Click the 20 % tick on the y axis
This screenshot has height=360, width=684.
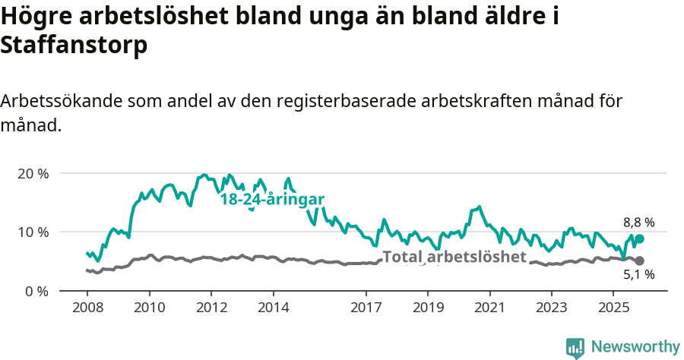pyautogui.click(x=32, y=173)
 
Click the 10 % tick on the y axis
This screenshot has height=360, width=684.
pyautogui.click(x=32, y=232)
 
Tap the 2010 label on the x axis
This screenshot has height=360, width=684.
pyautogui.click(x=149, y=308)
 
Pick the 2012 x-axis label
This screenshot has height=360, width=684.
pyautogui.click(x=211, y=308)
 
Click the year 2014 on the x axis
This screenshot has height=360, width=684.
pyautogui.click(x=273, y=308)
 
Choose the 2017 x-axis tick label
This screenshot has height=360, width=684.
pyautogui.click(x=366, y=308)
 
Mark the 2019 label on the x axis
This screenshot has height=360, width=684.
pyautogui.click(x=427, y=308)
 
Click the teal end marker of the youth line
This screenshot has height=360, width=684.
pyautogui.click(x=640, y=239)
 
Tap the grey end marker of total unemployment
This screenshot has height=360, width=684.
pyautogui.click(x=640, y=261)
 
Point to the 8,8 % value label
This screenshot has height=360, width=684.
pyautogui.click(x=638, y=223)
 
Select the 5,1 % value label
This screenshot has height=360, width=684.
pyautogui.click(x=638, y=276)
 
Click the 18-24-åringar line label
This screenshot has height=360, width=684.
pyautogui.click(x=272, y=200)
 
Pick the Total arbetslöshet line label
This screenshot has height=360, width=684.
pyautogui.click(x=454, y=257)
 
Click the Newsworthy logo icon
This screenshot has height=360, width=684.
pyautogui.click(x=575, y=347)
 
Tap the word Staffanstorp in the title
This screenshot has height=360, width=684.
pyautogui.click(x=74, y=46)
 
